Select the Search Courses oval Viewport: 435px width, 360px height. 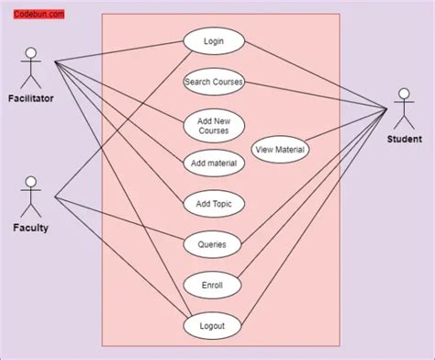[214, 82]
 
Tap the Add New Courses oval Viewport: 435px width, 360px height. [214, 125]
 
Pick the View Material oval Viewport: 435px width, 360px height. [281, 150]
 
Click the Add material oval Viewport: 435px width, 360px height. [214, 163]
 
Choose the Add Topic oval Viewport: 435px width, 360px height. [214, 204]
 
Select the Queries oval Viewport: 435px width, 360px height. [214, 245]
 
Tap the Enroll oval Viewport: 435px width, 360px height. [214, 286]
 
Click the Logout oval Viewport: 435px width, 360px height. [214, 326]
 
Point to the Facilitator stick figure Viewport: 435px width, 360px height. [31, 68]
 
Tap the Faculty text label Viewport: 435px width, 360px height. [31, 228]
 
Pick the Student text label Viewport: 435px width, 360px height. [404, 140]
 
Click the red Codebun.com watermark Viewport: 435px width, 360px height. [38, 15]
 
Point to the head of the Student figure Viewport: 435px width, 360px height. [403, 94]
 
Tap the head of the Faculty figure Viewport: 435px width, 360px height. [31, 181]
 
